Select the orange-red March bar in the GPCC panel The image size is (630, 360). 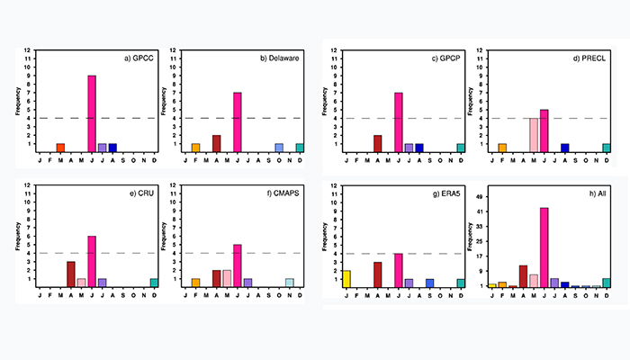click(x=60, y=148)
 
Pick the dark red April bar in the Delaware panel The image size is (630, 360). click(x=217, y=143)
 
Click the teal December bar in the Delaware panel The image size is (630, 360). click(x=300, y=148)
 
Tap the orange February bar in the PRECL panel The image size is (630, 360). click(x=502, y=148)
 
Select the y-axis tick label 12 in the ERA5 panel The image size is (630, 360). click(x=335, y=186)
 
